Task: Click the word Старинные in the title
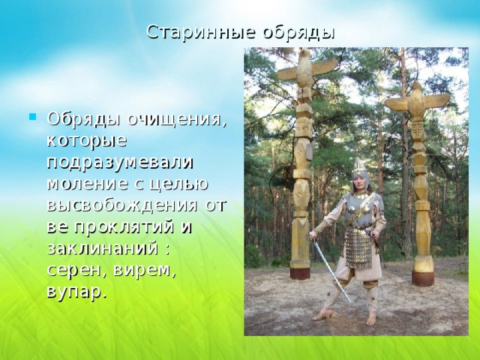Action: point(201,31)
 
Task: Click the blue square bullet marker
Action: point(33,117)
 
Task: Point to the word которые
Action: point(87,140)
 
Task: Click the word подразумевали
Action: point(120,163)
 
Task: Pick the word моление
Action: point(88,184)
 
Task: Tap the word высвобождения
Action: point(122,205)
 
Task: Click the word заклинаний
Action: point(103,249)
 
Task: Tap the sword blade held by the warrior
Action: point(332,271)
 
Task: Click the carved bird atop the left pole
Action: point(307,69)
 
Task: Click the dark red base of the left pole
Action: point(300,273)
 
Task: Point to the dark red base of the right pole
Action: point(423,278)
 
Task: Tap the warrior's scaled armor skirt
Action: point(358,248)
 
